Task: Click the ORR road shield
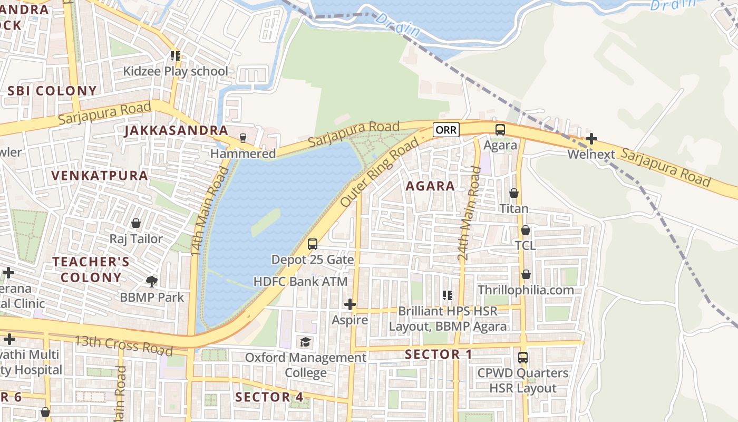[446, 130]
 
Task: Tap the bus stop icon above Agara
[500, 129]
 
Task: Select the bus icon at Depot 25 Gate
[313, 244]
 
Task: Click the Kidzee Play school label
[176, 71]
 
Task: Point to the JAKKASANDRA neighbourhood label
[176, 131]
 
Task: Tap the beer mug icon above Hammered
[242, 138]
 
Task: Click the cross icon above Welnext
[591, 139]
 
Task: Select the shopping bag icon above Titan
[514, 193]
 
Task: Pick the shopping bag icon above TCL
[526, 230]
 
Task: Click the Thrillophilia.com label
[526, 290]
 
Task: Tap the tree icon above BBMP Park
[152, 281]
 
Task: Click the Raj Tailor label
[136, 239]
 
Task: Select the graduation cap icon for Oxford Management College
[306, 342]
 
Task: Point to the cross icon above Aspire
[349, 304]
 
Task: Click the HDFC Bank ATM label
[300, 282]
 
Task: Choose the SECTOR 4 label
[269, 397]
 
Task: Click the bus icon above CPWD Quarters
[522, 357]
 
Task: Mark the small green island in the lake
[266, 222]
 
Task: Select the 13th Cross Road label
[123, 345]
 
